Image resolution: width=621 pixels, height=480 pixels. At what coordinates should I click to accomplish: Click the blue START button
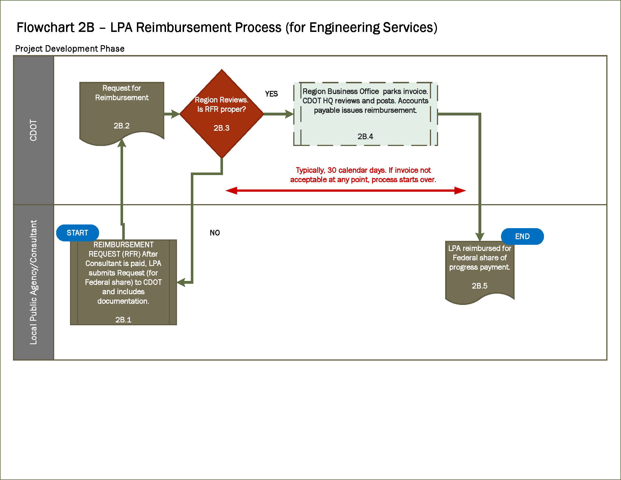point(77,233)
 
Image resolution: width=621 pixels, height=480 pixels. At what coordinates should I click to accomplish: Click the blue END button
point(522,236)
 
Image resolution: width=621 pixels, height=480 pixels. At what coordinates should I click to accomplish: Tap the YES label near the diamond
point(271,94)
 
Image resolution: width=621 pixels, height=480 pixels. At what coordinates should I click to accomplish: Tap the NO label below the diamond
point(215,233)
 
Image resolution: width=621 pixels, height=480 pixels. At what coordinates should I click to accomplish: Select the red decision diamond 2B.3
point(222,114)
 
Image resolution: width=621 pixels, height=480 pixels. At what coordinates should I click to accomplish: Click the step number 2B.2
point(121,126)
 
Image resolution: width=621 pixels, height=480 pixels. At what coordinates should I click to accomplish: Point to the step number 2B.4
point(365,136)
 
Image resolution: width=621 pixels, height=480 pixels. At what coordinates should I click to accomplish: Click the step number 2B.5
point(479,286)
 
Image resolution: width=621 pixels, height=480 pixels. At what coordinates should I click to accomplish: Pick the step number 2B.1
point(123,320)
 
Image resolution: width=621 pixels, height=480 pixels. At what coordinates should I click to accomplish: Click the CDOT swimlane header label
point(34,130)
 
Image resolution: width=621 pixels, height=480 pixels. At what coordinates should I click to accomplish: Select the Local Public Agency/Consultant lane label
point(34,282)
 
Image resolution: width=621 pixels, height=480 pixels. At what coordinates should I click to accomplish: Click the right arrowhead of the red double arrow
point(460,191)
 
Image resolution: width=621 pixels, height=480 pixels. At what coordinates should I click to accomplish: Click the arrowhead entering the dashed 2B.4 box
point(289,114)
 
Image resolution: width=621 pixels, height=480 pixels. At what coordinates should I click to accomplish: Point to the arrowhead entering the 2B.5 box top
point(480,237)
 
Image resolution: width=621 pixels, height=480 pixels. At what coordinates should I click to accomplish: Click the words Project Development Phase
point(70,49)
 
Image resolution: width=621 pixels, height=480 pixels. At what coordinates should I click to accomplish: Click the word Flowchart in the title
point(45,28)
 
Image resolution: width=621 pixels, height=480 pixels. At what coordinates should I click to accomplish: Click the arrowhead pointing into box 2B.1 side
point(181,283)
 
